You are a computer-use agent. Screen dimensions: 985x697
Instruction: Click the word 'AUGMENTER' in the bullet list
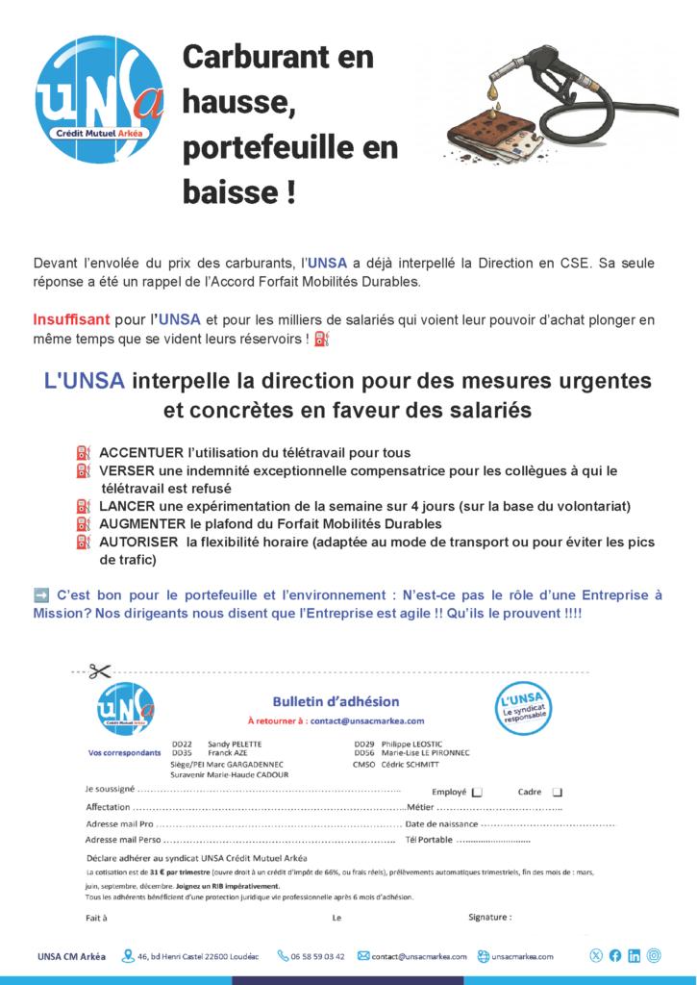coord(143,524)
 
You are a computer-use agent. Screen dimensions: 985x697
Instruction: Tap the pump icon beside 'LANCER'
coord(83,506)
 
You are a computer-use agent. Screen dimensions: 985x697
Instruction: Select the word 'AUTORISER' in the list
coord(139,543)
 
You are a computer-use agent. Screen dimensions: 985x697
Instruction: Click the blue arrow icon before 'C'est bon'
coord(41,595)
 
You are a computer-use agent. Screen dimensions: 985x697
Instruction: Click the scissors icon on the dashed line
coord(99,671)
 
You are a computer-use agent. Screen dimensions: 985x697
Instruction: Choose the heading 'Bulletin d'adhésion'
coord(336,701)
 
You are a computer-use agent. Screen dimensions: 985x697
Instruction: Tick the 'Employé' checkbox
coord(478,793)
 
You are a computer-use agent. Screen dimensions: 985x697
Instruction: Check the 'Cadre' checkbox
coord(557,793)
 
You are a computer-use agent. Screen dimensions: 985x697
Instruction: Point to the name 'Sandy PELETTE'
coord(235,745)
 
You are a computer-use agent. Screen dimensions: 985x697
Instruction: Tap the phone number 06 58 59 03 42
coord(317,956)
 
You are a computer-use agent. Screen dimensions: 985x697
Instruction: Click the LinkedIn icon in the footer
coord(634,956)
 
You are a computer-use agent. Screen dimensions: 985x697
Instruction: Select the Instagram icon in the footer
coord(654,956)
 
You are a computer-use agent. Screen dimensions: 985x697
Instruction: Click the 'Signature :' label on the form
coord(489,918)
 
